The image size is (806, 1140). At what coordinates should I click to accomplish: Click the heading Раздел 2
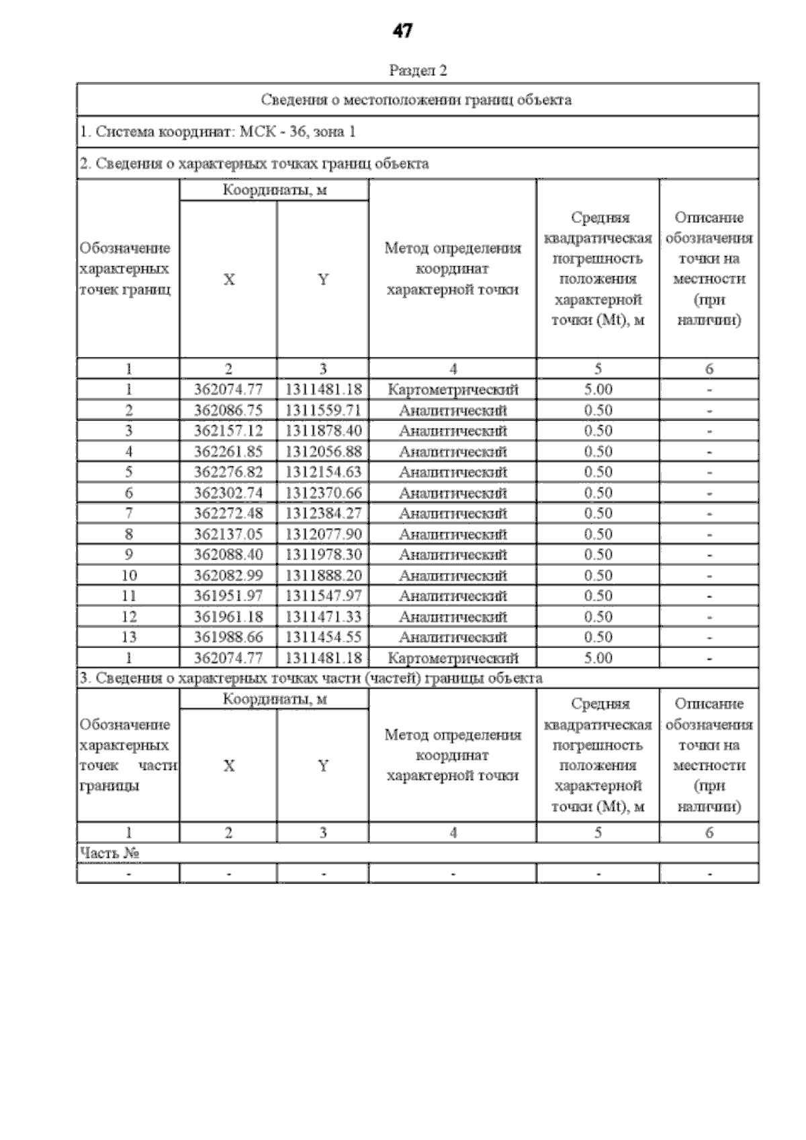pos(417,70)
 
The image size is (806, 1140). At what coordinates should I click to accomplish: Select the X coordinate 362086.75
pos(228,410)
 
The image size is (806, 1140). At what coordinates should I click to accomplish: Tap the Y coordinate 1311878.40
pos(323,431)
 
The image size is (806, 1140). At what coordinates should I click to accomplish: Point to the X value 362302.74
pos(228,493)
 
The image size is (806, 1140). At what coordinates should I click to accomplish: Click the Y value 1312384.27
pos(323,513)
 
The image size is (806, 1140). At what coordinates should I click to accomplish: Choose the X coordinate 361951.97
pos(228,596)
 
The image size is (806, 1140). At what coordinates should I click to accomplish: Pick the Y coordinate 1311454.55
pos(323,637)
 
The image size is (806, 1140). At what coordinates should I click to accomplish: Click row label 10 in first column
pos(128,576)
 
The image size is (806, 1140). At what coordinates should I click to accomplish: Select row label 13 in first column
pos(128,637)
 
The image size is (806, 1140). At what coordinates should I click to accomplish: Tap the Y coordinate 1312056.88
pos(323,451)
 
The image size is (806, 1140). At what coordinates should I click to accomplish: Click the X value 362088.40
pos(228,555)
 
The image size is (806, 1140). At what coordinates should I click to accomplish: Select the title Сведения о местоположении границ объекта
pos(416,100)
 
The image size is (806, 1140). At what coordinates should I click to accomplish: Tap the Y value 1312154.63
pos(323,472)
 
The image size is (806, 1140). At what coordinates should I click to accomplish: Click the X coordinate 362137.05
pos(228,534)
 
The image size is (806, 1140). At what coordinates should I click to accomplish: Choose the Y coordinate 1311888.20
pos(323,576)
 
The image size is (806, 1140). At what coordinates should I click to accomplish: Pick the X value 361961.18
pos(228,617)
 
